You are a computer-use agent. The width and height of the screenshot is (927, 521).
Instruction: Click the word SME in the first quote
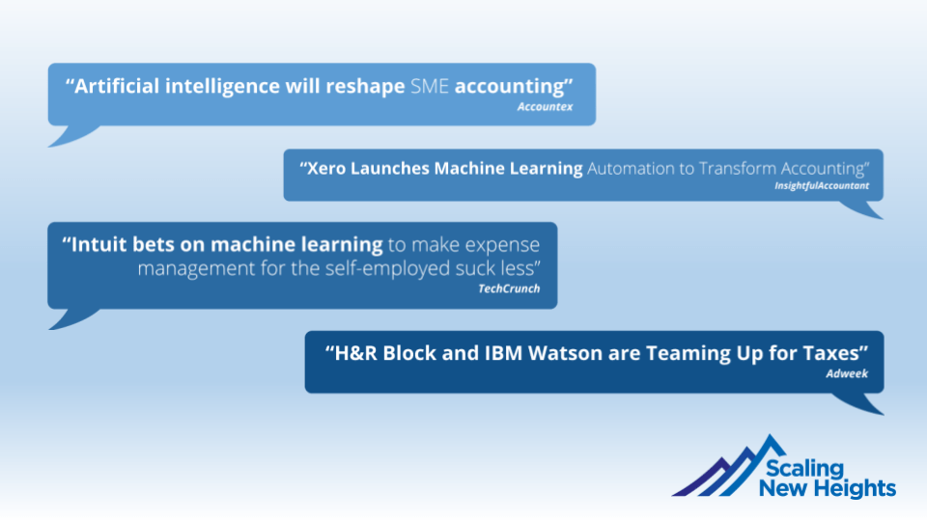tap(430, 86)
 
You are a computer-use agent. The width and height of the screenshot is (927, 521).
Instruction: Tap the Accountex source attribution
tap(545, 107)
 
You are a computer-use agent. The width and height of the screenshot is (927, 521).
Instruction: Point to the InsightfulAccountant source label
tap(822, 185)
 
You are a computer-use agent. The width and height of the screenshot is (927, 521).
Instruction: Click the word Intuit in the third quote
tap(98, 244)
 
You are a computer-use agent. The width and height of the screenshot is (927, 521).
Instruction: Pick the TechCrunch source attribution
tap(509, 288)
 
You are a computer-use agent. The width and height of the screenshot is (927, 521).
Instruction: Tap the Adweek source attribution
tap(847, 373)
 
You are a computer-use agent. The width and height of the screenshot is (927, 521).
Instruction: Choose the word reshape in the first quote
tap(365, 87)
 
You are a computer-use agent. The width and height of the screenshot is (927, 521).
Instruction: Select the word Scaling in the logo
tap(804, 468)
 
